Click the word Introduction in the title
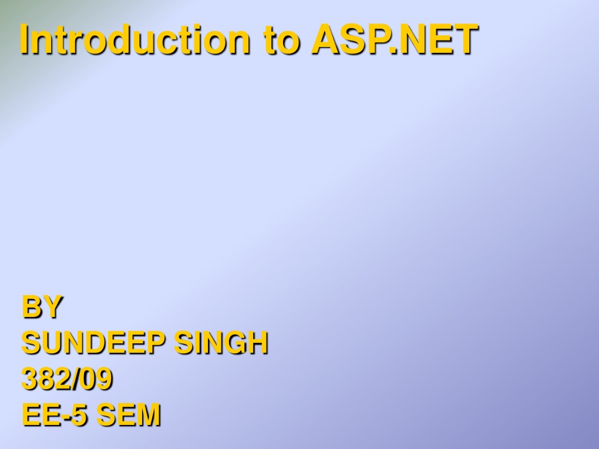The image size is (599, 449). pyautogui.click(x=132, y=40)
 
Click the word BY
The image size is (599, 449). pyautogui.click(x=42, y=307)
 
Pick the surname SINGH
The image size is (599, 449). pyautogui.click(x=221, y=343)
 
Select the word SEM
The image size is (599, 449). pyautogui.click(x=128, y=415)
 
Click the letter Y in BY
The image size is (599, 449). pyautogui.click(x=51, y=307)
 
